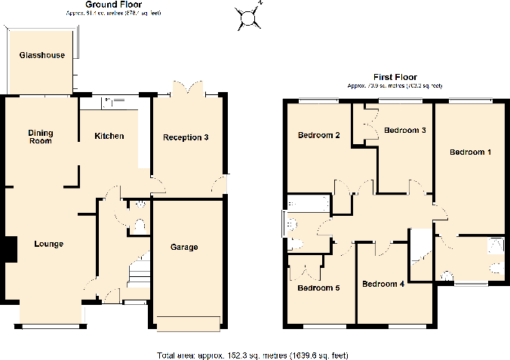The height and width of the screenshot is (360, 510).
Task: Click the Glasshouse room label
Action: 41,56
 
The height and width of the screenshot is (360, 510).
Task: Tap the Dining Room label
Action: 41,137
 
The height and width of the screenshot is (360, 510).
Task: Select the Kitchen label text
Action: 109,137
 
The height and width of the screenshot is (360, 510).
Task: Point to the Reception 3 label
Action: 186,137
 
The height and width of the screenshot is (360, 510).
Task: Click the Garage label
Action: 184,248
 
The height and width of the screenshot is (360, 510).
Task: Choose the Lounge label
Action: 48,245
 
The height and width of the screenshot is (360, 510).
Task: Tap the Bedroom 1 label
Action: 470,152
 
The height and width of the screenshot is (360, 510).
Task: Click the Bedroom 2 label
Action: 318,136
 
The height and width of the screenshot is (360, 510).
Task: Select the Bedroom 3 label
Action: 405,131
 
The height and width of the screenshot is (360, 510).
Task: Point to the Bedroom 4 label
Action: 383,285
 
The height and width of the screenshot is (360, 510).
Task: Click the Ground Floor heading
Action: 111,5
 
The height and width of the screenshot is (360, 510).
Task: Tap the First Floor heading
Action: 395,77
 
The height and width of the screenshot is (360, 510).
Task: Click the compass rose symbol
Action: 248,16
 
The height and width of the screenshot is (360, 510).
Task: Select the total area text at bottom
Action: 252,355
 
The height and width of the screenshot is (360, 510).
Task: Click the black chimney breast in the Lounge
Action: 11,250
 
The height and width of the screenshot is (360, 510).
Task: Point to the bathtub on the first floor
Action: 308,203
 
